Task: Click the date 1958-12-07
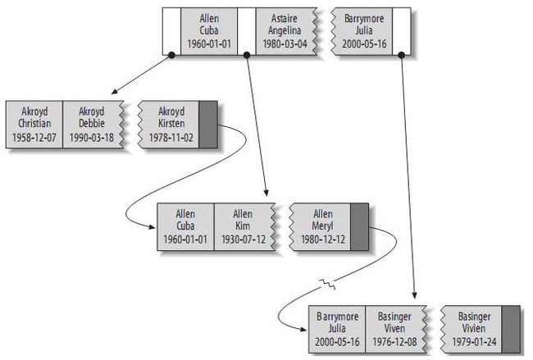coord(34,137)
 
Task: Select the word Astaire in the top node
coord(285,18)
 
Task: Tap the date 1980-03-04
coord(285,43)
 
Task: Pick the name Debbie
coord(92,123)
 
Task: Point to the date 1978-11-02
coord(171,137)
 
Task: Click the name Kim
coord(243,226)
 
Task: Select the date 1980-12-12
coord(323,239)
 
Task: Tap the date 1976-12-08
coord(394,342)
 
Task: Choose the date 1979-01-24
coord(474,342)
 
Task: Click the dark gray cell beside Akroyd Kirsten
coord(208,125)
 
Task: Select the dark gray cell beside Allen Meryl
coord(359,226)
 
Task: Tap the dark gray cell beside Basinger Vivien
coord(511,329)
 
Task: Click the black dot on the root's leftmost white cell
coord(171,55)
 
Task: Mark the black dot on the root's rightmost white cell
coord(402,55)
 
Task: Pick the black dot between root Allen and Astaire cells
coord(247,55)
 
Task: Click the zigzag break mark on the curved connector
coord(327,285)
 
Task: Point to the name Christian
coord(34,123)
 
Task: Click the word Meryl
coord(322,226)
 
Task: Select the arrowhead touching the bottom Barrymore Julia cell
coord(303,329)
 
